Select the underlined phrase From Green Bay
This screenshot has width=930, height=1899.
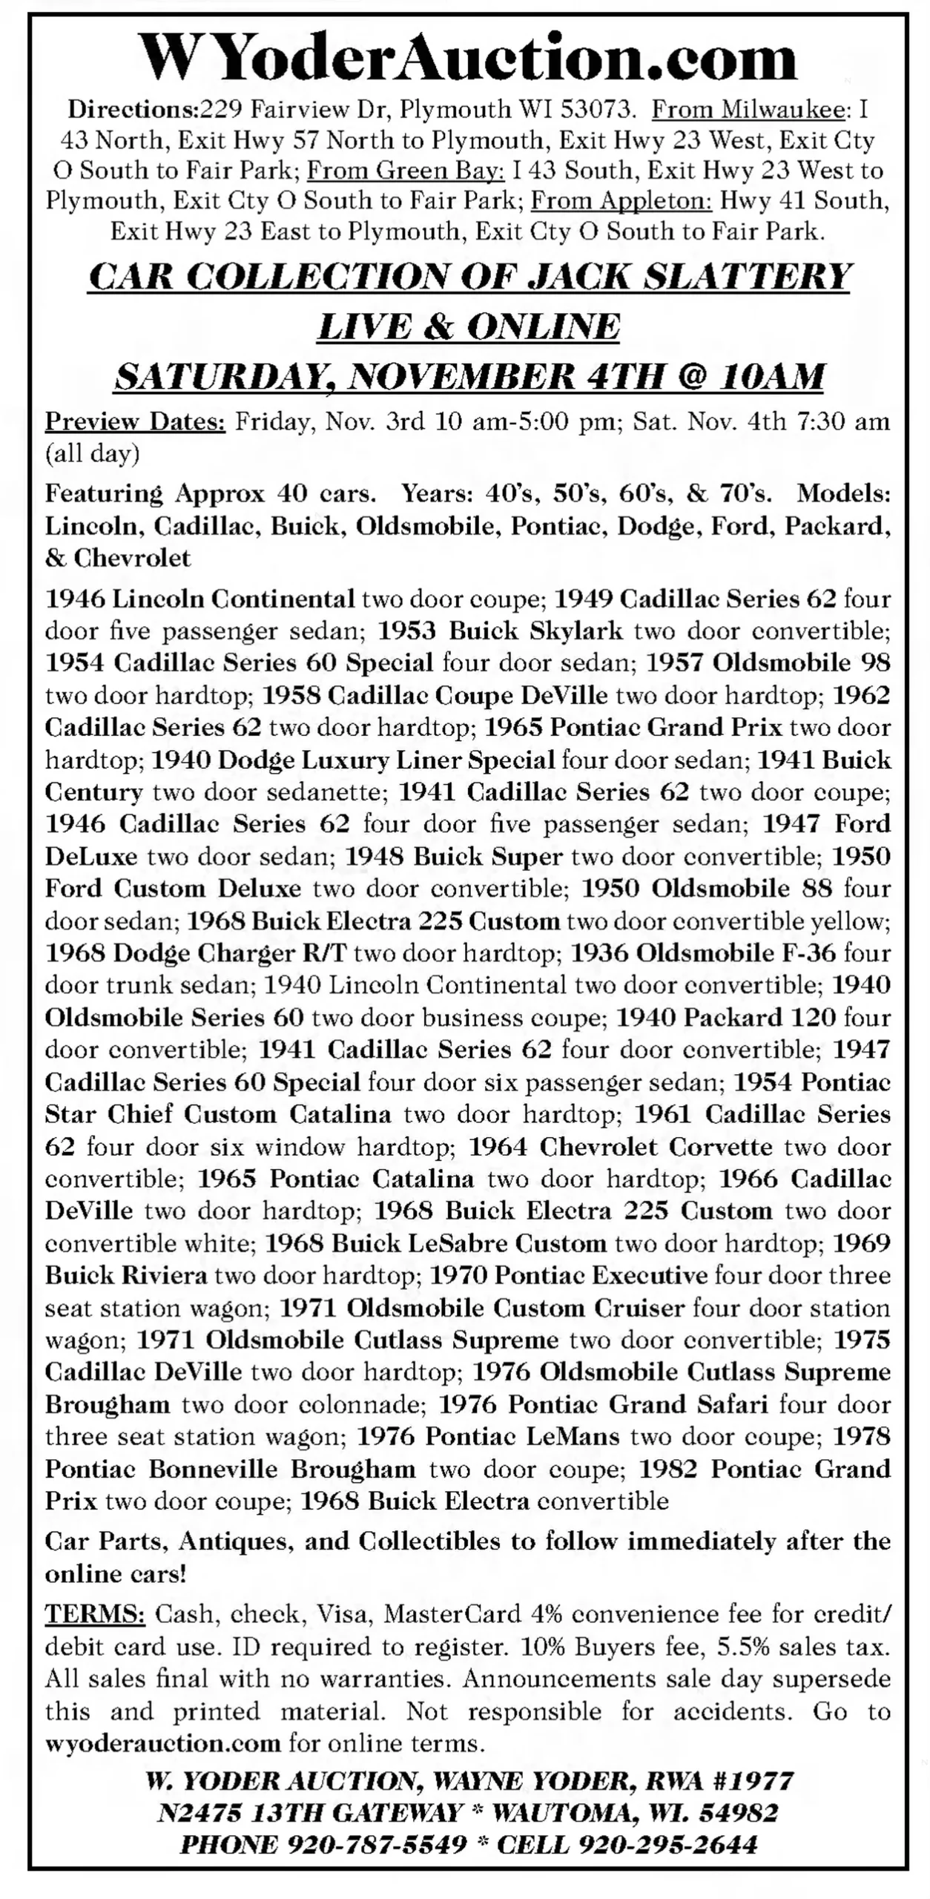[x=406, y=171]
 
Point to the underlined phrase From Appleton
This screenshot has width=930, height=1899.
[x=621, y=201]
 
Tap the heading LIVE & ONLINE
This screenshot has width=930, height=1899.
[x=468, y=326]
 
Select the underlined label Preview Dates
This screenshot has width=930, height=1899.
[x=136, y=421]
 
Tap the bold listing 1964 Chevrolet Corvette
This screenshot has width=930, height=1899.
[x=621, y=1147]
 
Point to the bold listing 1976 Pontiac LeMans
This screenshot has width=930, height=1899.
[x=489, y=1437]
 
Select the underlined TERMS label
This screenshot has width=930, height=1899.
[x=96, y=1613]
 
